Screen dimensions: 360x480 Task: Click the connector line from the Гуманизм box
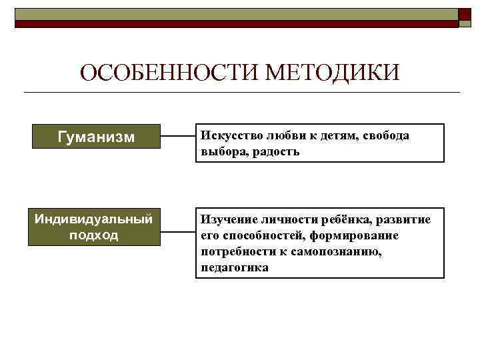click(x=178, y=137)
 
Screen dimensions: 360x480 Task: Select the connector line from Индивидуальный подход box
click(x=178, y=233)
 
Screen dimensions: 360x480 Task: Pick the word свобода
click(x=387, y=135)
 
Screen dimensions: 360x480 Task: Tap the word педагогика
click(x=234, y=267)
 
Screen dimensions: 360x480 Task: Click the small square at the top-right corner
click(x=465, y=16)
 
